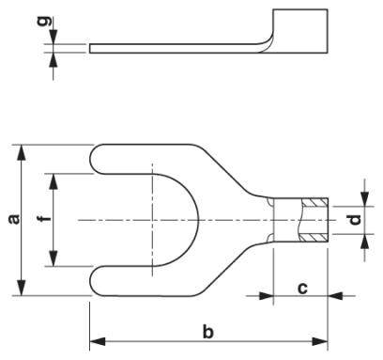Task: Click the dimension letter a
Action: tap(12, 219)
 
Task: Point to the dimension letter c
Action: tap(302, 289)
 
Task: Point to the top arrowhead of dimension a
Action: tap(22, 148)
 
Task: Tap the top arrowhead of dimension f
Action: tap(54, 177)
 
